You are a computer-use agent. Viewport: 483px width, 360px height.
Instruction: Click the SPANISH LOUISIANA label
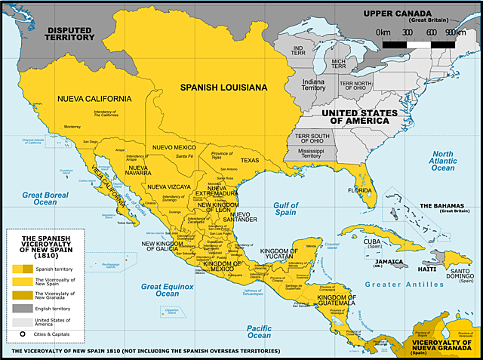tap(223, 88)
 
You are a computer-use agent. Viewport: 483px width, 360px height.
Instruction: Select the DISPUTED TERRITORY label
tap(69, 34)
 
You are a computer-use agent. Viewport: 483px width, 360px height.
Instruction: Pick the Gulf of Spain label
tap(286, 209)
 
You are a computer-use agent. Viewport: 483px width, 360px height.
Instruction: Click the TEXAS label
tap(249, 160)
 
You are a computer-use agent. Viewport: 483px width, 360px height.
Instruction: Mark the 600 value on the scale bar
tap(431, 32)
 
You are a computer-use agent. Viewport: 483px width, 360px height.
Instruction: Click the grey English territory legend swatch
tap(23, 309)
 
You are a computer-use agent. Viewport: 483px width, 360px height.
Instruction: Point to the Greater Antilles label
tap(405, 285)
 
